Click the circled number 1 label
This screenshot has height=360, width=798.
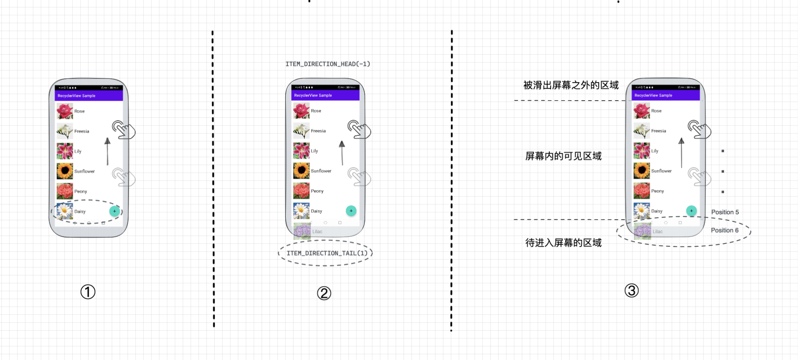88,292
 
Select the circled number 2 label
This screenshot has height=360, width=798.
324,293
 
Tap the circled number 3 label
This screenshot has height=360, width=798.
631,290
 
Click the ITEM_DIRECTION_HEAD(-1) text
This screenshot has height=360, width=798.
328,64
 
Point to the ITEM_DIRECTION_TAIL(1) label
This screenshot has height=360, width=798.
327,253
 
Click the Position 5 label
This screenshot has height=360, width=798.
725,212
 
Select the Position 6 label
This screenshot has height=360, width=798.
724,230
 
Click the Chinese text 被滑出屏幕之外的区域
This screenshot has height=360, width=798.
571,85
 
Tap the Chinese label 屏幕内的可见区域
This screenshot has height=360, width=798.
563,156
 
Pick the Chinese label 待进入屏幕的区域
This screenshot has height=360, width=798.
563,243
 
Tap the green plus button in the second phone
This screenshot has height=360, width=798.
351,211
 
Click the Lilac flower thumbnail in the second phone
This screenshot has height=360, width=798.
302,231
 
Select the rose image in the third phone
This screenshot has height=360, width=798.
641,111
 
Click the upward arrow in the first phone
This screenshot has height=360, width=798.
107,151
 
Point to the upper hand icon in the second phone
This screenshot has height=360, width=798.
358,129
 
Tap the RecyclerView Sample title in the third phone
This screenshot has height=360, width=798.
653,95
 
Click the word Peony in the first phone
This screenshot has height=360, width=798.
81,191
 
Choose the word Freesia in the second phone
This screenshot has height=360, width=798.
318,131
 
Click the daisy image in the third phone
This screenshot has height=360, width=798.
641,211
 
